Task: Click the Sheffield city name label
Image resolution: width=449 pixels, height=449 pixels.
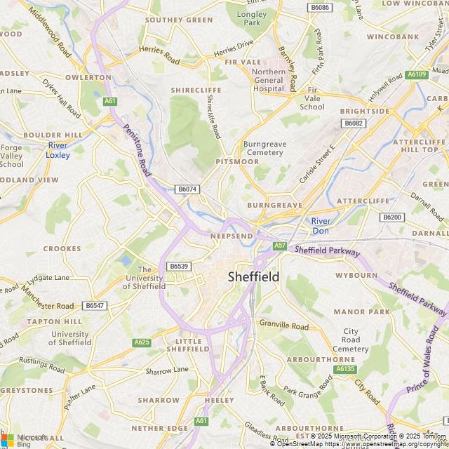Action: pos(253,276)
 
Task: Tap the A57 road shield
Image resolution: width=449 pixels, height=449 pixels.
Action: pos(280,245)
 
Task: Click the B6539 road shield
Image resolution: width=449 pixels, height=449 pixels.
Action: pos(179,266)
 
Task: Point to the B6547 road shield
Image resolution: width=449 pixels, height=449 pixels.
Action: pos(94,305)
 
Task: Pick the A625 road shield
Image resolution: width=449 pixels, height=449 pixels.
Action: pos(142,342)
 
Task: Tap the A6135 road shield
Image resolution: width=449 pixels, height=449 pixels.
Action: pos(345,368)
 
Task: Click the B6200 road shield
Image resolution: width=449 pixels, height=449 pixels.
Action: pos(392,217)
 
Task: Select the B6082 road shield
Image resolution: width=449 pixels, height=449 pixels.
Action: pos(354,123)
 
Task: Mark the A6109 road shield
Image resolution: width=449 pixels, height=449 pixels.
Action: pos(416,74)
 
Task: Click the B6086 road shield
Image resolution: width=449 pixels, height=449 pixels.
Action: pos(319,7)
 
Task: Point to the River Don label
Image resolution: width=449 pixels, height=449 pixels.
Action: pos(321,226)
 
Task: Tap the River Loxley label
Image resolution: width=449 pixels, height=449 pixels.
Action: pos(58,149)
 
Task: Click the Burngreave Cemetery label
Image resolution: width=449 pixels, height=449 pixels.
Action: pos(264,148)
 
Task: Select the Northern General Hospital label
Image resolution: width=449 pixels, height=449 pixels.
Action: pos(269,81)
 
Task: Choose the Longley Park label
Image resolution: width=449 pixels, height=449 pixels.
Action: pos(251,18)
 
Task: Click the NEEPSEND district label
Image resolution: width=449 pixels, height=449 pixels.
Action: pos(232,236)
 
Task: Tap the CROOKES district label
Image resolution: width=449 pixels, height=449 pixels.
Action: pos(62,248)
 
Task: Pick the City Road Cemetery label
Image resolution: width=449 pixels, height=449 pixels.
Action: pos(350,340)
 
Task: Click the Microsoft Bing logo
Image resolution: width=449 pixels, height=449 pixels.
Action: pos(24,439)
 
